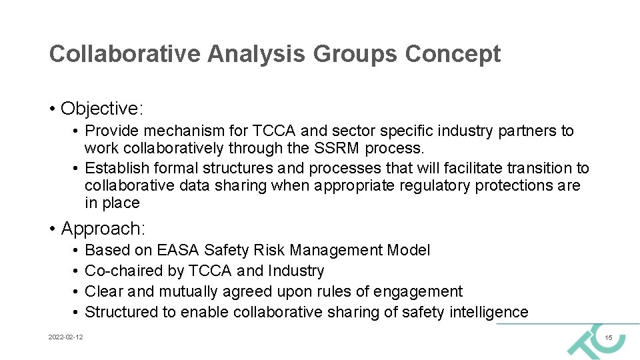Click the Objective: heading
click(x=102, y=108)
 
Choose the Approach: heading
click(x=103, y=229)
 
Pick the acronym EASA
click(x=179, y=251)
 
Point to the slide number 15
click(x=608, y=339)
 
